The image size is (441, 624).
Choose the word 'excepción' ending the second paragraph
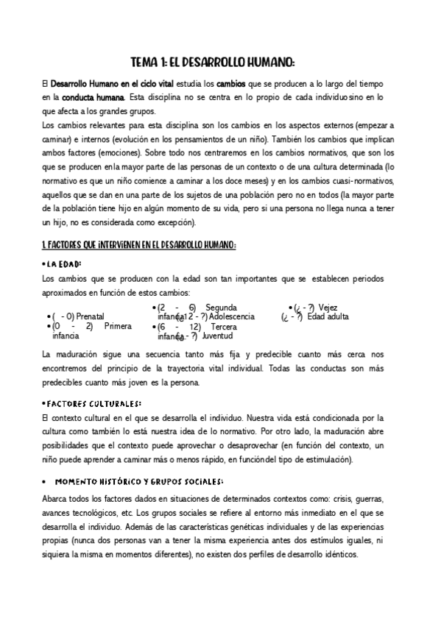coord(187,221)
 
